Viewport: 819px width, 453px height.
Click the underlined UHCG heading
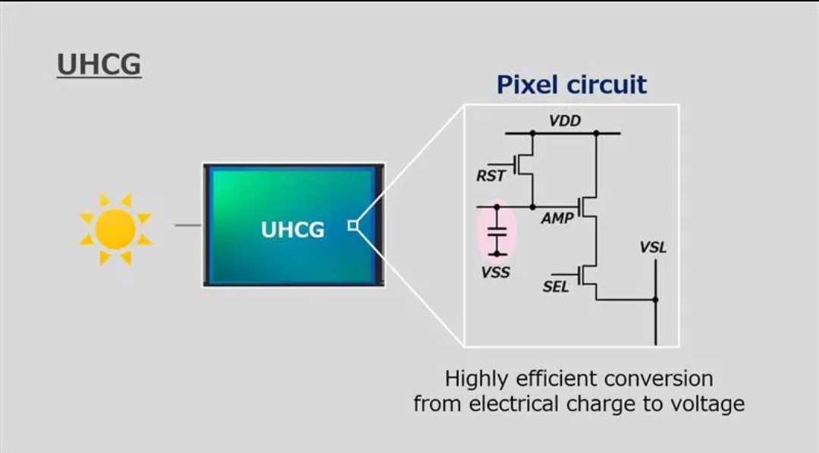[99, 64]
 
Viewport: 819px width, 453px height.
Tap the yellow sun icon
[115, 228]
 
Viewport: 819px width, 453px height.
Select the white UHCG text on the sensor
[293, 229]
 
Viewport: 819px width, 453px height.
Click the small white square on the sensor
[352, 225]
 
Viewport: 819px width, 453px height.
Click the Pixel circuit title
[572, 84]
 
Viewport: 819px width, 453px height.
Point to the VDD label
[565, 121]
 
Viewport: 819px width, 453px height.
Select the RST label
[491, 177]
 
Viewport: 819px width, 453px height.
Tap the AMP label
[557, 218]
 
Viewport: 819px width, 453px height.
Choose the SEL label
[556, 288]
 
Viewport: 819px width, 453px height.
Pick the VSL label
[653, 248]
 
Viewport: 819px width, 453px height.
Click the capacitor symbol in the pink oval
[497, 231]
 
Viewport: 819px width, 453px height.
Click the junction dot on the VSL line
[655, 300]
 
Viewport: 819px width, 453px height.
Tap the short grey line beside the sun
[188, 225]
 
